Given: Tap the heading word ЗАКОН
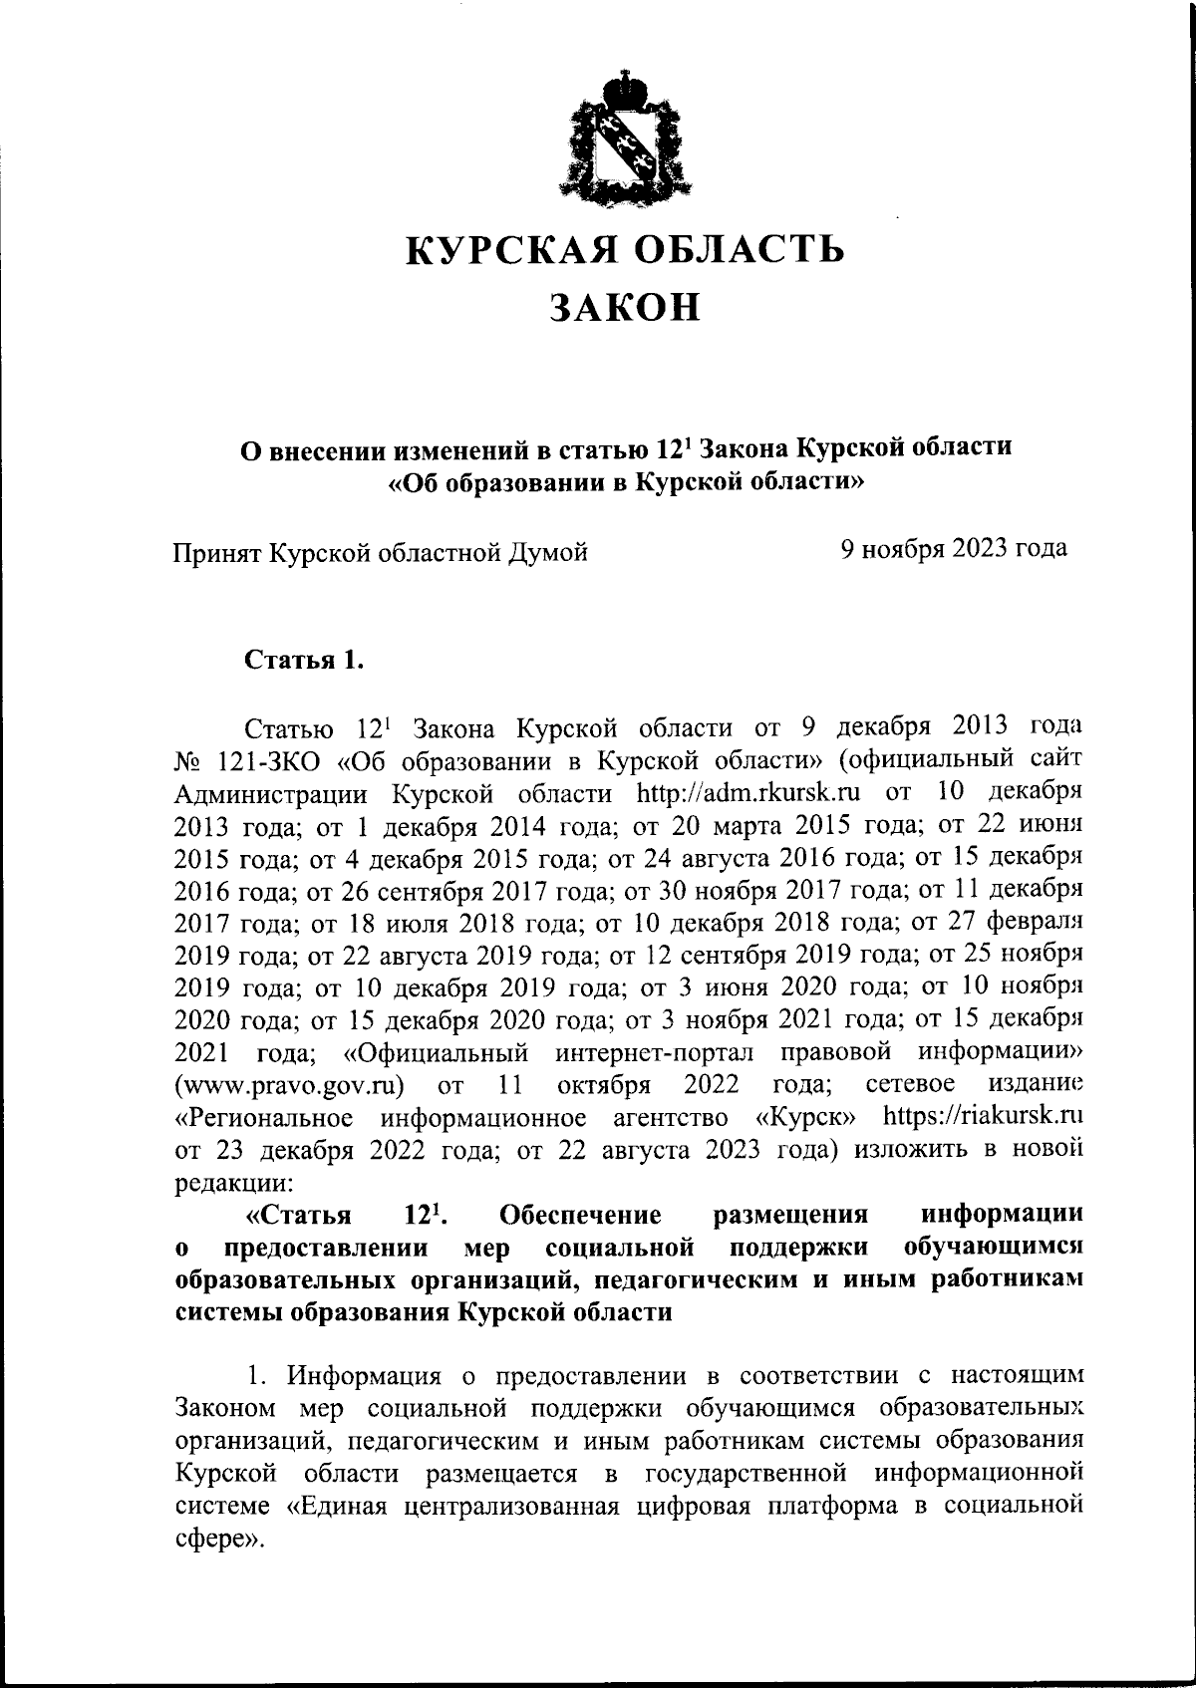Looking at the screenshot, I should (x=626, y=307).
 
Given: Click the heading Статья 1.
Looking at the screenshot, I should (x=303, y=660).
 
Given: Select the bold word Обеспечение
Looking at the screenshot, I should (x=581, y=1215).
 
